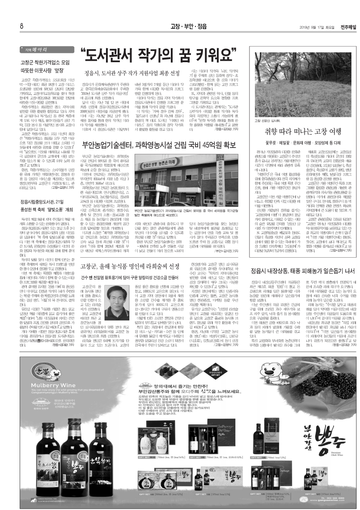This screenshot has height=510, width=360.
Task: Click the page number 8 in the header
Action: click(21, 25)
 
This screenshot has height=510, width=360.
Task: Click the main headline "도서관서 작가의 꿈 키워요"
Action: click(158, 55)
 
